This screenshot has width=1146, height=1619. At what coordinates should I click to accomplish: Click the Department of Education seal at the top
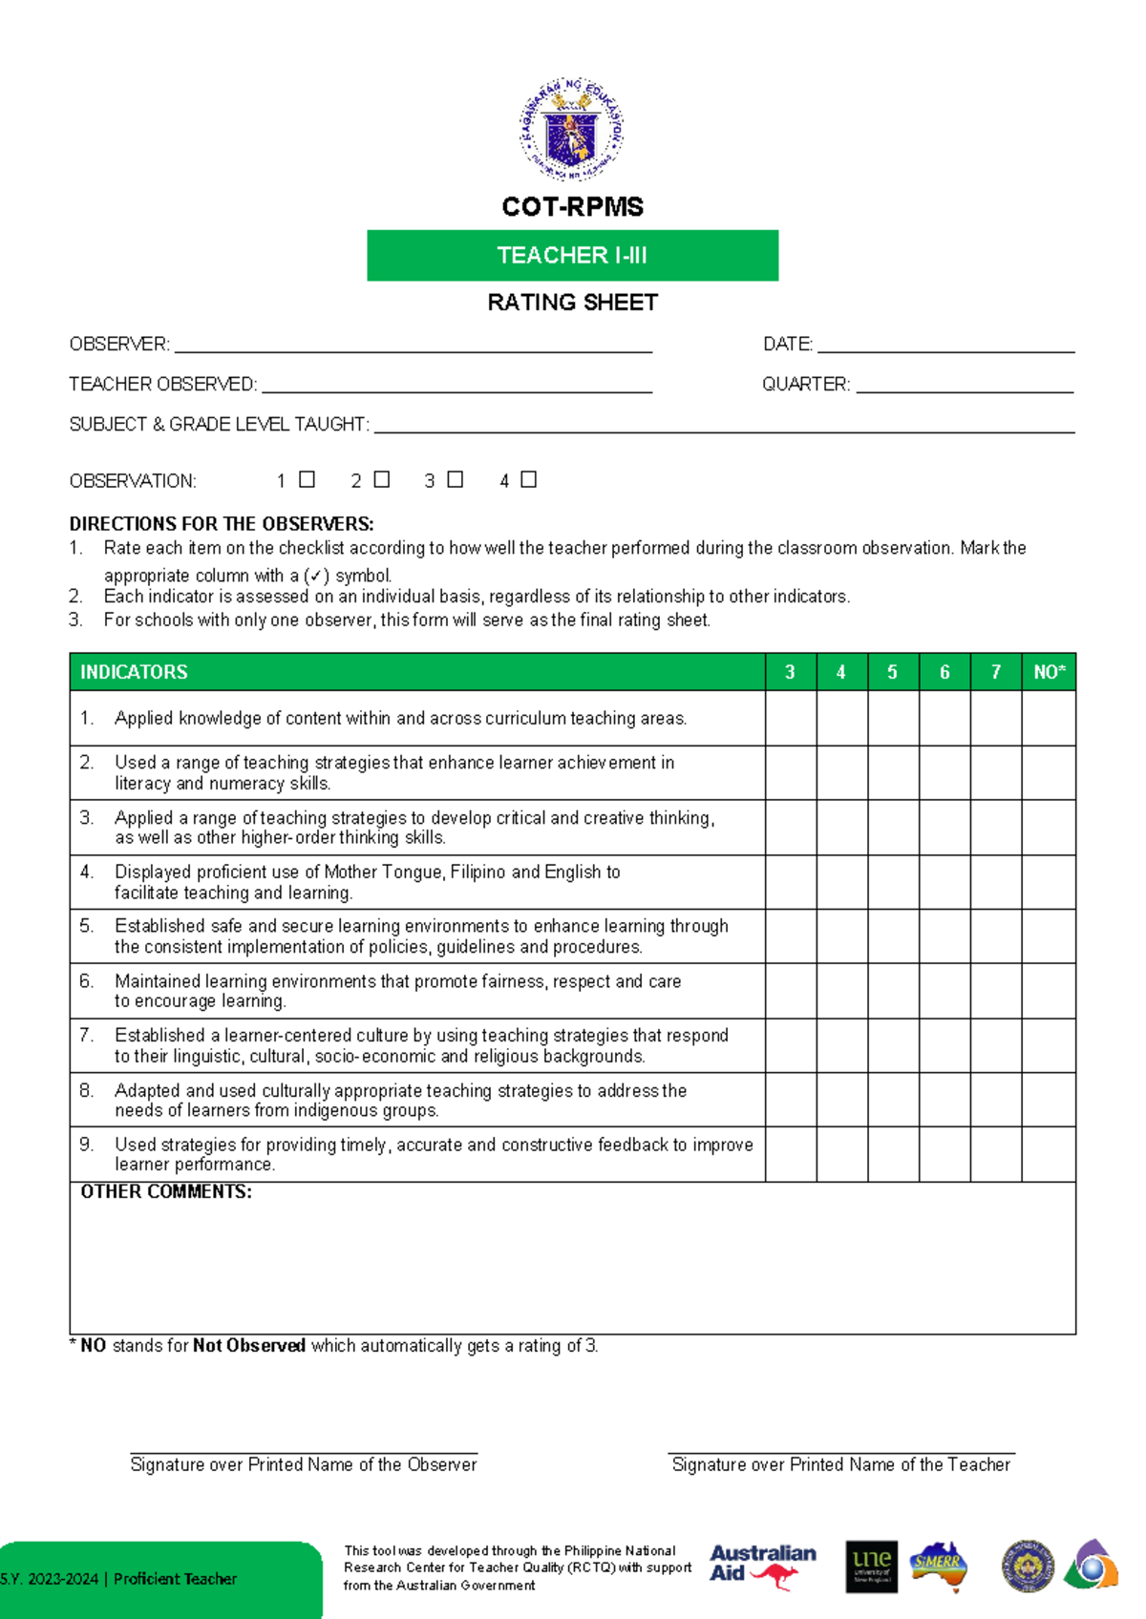click(572, 129)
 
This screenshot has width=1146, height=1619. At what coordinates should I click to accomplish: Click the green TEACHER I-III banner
click(572, 255)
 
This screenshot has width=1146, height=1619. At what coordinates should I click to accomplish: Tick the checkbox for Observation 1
click(307, 479)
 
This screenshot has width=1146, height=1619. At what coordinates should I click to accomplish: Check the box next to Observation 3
click(456, 479)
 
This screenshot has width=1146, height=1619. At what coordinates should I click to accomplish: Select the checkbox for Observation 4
click(528, 479)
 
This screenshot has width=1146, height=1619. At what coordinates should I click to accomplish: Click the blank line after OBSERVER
click(413, 348)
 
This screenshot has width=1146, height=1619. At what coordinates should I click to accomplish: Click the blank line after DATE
click(945, 348)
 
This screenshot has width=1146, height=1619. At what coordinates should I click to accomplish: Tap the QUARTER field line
click(965, 389)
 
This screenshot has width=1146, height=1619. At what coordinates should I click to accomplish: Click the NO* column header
click(1049, 672)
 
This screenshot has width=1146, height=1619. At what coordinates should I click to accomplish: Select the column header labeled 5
click(893, 672)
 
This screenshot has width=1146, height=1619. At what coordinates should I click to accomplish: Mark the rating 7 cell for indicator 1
click(996, 718)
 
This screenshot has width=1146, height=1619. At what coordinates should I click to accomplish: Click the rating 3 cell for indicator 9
click(791, 1154)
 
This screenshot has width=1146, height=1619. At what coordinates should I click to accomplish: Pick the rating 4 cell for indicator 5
click(842, 936)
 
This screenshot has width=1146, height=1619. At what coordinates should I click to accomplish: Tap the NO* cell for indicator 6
click(1049, 990)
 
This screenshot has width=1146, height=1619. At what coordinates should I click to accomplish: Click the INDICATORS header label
click(134, 672)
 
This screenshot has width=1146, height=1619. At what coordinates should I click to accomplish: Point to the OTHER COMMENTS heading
click(166, 1191)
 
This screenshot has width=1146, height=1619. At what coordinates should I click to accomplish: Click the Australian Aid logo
click(762, 1566)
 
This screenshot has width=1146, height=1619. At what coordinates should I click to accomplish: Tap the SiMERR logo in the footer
click(938, 1566)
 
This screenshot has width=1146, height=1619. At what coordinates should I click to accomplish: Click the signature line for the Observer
click(304, 1451)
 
